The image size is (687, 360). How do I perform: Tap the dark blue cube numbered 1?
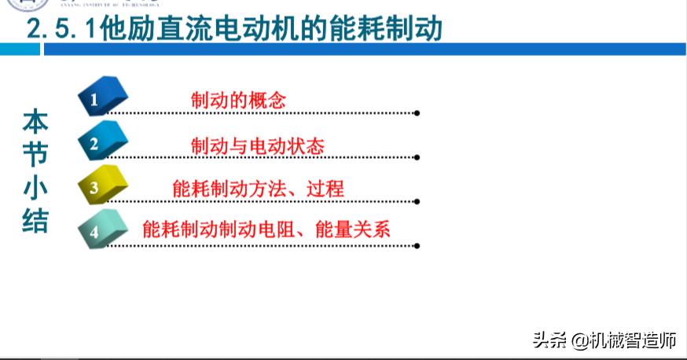click(x=102, y=97)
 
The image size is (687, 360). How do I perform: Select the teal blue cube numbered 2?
click(x=102, y=142)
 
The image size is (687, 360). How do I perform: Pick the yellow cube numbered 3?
click(x=102, y=186)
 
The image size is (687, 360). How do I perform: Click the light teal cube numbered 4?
click(x=102, y=230)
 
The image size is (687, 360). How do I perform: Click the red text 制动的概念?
click(x=238, y=101)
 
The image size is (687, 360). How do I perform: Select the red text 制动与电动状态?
click(x=258, y=145)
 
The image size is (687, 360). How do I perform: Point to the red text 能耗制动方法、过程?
click(x=258, y=189)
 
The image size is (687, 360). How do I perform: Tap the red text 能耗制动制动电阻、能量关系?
click(x=266, y=230)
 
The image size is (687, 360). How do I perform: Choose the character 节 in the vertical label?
click(x=35, y=155)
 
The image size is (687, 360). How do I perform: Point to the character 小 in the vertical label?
click(x=35, y=188)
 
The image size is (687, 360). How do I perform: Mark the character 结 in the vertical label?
click(x=35, y=221)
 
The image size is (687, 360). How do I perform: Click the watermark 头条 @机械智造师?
click(x=604, y=340)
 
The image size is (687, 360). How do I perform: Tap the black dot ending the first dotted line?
click(x=417, y=113)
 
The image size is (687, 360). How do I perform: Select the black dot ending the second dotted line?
click(x=417, y=158)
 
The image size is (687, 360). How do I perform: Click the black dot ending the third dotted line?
click(x=417, y=202)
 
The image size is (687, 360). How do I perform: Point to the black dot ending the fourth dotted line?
click(x=417, y=245)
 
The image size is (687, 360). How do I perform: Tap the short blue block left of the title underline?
click(x=20, y=50)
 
